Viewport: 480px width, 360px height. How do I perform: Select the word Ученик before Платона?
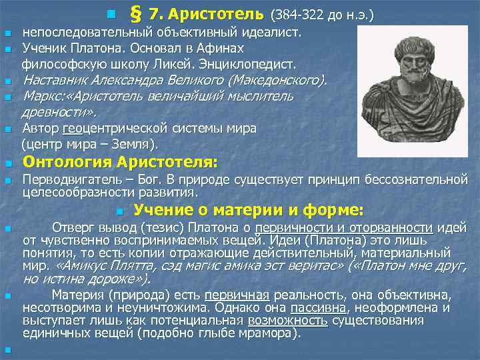click(43, 48)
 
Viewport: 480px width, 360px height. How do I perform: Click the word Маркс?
click(40, 97)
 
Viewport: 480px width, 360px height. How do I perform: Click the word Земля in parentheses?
click(131, 144)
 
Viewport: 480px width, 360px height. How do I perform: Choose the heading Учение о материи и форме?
click(248, 211)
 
